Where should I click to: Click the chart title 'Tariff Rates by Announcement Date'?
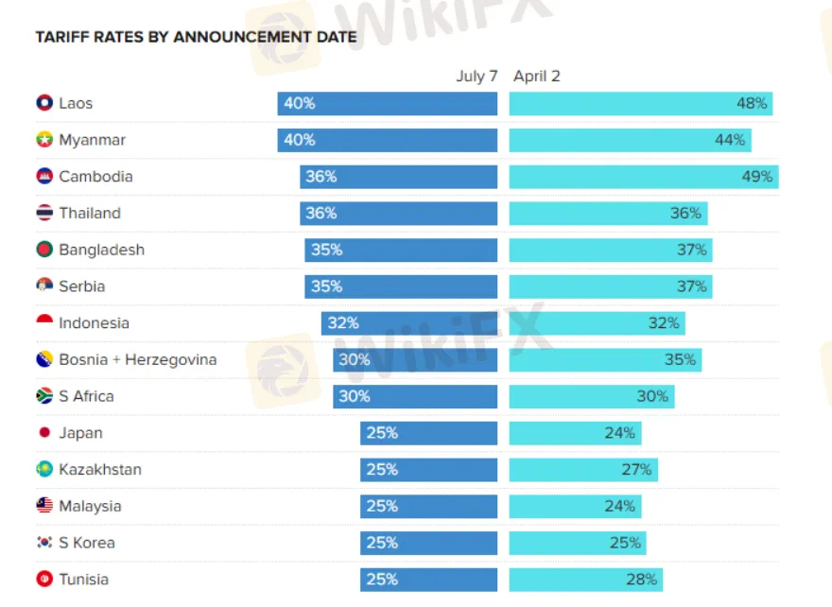196,37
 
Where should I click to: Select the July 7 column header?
477,77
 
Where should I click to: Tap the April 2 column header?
537,77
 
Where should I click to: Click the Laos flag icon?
44,103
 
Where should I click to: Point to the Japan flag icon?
44,433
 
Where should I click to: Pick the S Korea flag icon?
44,543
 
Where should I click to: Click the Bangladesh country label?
101,250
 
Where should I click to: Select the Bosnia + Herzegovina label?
137,359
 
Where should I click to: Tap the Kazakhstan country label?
99,470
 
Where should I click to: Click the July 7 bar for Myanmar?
388,140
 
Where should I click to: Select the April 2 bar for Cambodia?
643,177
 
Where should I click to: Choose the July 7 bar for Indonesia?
409,323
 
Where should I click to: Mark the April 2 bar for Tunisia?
585,580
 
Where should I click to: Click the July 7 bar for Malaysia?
428,506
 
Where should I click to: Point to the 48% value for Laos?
753,103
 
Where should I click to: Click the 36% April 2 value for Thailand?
685,214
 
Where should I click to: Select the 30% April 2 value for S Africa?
652,396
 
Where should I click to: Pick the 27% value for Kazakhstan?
636,470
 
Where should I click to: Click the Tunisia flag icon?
44,580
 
